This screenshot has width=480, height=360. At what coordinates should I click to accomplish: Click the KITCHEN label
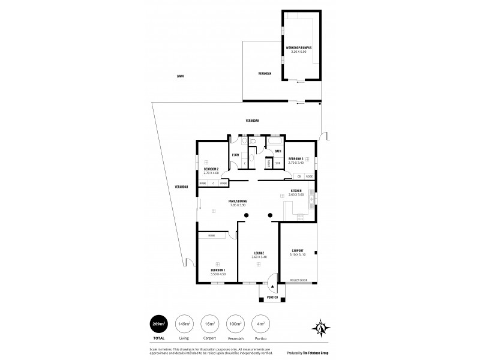[296, 191]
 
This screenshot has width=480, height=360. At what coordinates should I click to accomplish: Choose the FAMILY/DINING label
[238, 201]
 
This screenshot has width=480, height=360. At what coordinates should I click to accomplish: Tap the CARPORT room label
[297, 250]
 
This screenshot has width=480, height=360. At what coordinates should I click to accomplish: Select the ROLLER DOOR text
[298, 280]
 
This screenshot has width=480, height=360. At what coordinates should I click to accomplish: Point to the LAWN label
[180, 77]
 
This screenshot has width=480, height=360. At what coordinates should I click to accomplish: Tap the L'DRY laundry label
[236, 155]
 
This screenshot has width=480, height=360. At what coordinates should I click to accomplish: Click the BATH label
[278, 151]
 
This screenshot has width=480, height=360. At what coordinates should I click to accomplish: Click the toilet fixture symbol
[254, 143]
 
